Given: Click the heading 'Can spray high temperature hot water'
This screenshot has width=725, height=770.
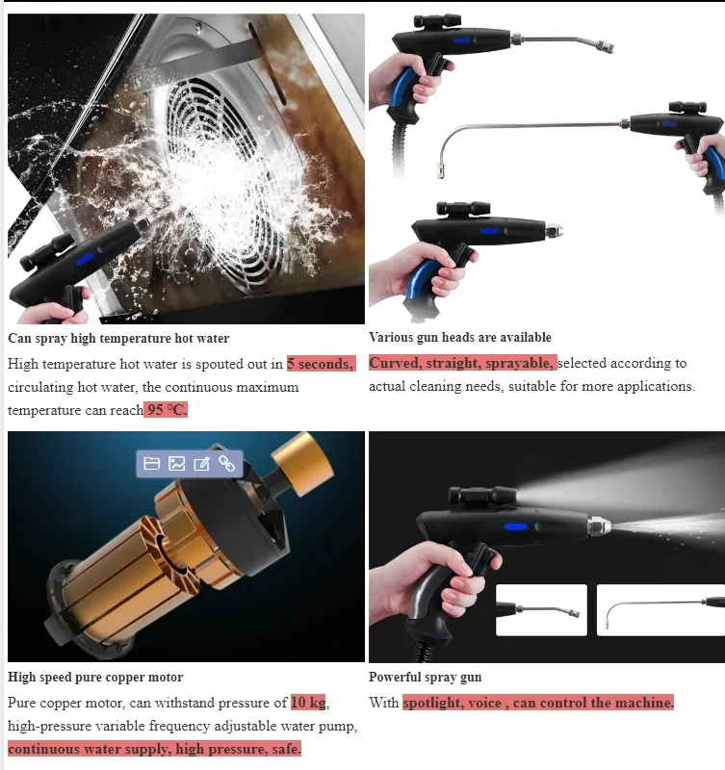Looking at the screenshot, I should pyautogui.click(x=118, y=338).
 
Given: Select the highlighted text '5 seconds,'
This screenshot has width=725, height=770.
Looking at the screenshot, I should pyautogui.click(x=321, y=364).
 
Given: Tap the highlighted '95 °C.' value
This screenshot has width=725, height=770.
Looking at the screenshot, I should pyautogui.click(x=166, y=410).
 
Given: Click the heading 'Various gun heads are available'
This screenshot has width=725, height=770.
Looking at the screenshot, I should pyautogui.click(x=460, y=337).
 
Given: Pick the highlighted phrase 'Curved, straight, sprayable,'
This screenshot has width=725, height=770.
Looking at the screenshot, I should pyautogui.click(x=462, y=363).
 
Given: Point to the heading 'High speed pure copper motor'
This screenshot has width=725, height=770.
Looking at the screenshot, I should pyautogui.click(x=95, y=677).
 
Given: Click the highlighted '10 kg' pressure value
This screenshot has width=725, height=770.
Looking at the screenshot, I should pyautogui.click(x=308, y=703).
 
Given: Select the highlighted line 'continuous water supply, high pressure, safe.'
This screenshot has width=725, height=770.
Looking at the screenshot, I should pyautogui.click(x=154, y=749).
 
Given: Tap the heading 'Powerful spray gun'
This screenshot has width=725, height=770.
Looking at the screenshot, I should pyautogui.click(x=426, y=677).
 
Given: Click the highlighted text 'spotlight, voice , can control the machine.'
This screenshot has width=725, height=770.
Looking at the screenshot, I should pyautogui.click(x=538, y=703).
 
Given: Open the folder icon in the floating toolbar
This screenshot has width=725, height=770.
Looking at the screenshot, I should pyautogui.click(x=151, y=464).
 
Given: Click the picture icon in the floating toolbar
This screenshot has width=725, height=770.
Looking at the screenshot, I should pyautogui.click(x=176, y=464).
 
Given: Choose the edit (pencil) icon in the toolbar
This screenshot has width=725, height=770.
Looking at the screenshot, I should pyautogui.click(x=201, y=464).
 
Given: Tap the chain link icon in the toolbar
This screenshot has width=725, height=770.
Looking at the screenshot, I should pyautogui.click(x=227, y=464).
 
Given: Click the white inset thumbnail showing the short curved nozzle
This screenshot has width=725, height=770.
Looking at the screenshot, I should pyautogui.click(x=540, y=610).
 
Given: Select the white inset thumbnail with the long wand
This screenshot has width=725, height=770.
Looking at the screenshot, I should pyautogui.click(x=660, y=610).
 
